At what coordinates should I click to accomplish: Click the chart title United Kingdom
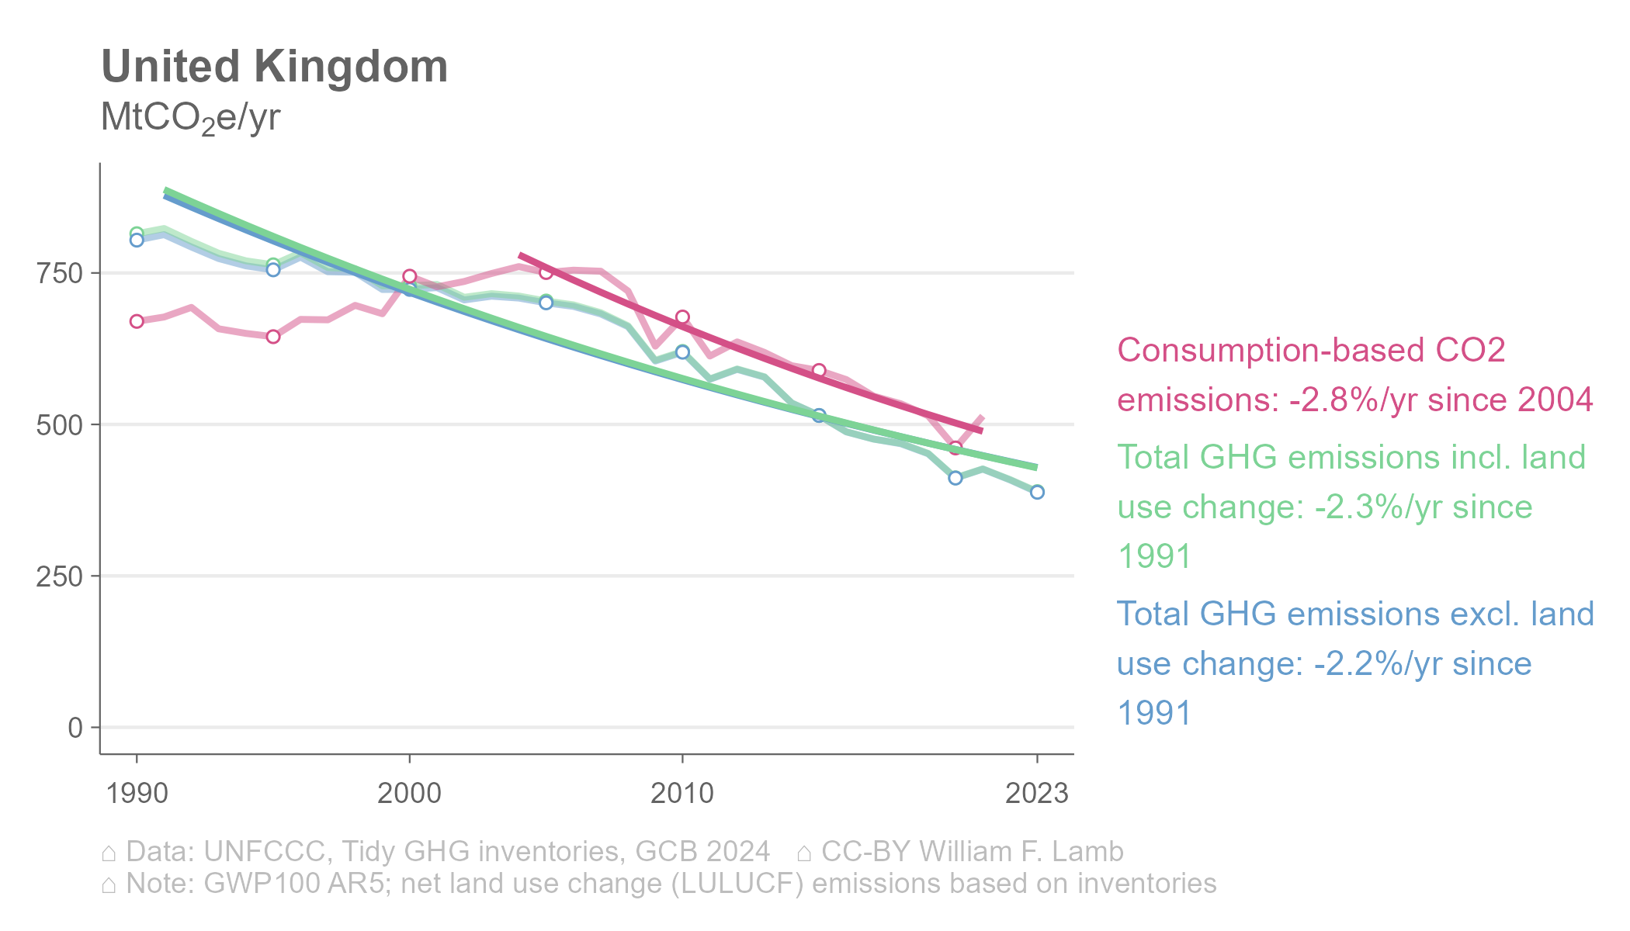pyautogui.click(x=275, y=67)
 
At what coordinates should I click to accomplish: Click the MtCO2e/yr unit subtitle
pyautogui.click(x=190, y=118)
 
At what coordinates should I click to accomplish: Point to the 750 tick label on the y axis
pyautogui.click(x=60, y=273)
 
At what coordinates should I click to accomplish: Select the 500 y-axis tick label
pyautogui.click(x=60, y=425)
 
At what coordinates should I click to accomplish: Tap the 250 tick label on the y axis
pyautogui.click(x=60, y=576)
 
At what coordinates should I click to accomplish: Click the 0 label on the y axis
pyautogui.click(x=75, y=728)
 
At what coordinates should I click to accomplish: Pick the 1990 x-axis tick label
pyautogui.click(x=137, y=794)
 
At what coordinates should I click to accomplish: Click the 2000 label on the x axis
pyautogui.click(x=409, y=794)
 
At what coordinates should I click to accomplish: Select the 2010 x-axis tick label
pyautogui.click(x=682, y=794)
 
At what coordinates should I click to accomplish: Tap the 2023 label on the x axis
pyautogui.click(x=1037, y=794)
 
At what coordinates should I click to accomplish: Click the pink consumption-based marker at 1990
pyautogui.click(x=137, y=321)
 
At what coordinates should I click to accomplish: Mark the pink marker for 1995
pyautogui.click(x=273, y=336)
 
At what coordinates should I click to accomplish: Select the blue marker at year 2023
pyautogui.click(x=1037, y=492)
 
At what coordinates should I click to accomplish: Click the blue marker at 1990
pyautogui.click(x=137, y=241)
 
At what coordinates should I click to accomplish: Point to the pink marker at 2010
pyautogui.click(x=682, y=317)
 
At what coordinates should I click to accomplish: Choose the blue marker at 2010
pyautogui.click(x=682, y=352)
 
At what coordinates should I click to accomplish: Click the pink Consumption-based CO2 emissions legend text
pyautogui.click(x=1354, y=376)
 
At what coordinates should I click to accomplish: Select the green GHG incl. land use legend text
pyautogui.click(x=1351, y=507)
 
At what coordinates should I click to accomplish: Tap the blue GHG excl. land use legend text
pyautogui.click(x=1354, y=663)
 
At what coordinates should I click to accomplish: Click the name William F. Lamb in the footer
pyautogui.click(x=1021, y=852)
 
